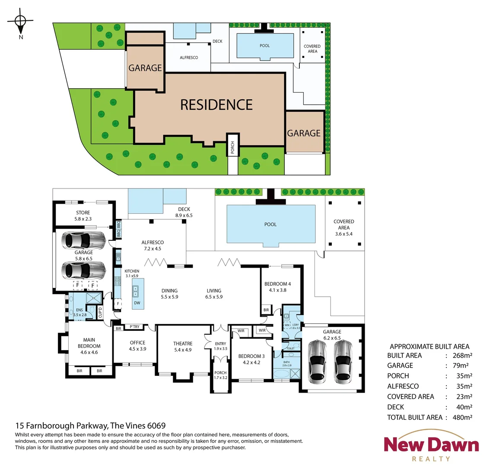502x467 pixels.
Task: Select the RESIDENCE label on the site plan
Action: (216, 105)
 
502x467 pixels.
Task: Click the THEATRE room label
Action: (182, 346)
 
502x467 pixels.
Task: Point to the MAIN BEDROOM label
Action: (89, 346)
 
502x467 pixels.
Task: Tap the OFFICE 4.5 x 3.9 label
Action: (137, 345)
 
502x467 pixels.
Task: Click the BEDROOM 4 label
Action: (277, 287)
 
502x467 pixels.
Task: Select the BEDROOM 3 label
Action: (251, 359)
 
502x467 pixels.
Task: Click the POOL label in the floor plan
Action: (270, 224)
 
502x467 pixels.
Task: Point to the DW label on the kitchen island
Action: (137, 303)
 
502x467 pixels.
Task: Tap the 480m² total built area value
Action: (461, 417)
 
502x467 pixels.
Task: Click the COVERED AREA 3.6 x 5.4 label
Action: (344, 227)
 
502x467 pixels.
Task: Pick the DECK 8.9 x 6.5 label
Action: (184, 212)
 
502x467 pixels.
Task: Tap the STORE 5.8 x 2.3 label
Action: (83, 216)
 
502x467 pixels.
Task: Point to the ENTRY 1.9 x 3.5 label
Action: (220, 346)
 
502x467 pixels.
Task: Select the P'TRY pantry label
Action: (135, 327)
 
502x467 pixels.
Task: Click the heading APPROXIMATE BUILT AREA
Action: (429, 346)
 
